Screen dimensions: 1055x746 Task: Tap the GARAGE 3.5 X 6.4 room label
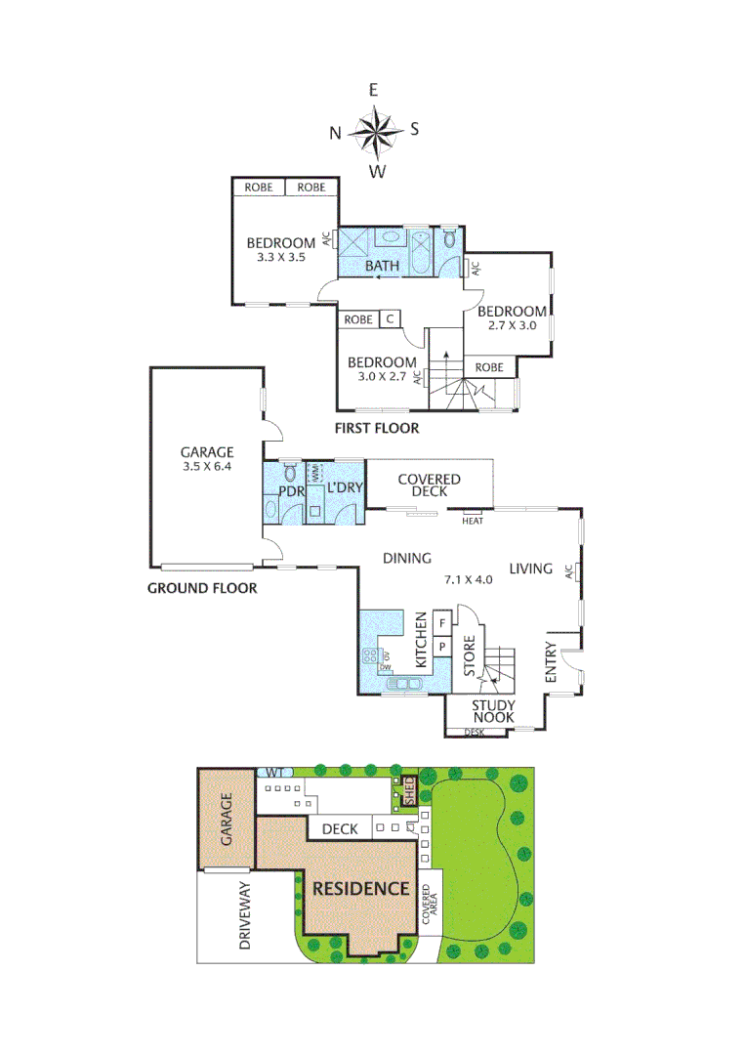(x=207, y=459)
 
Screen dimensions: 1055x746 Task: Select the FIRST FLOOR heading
(x=377, y=428)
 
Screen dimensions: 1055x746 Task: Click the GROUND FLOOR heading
(x=202, y=588)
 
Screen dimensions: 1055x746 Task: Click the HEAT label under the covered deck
(x=474, y=521)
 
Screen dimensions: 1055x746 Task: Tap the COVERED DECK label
(x=429, y=485)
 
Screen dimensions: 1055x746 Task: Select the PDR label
(x=292, y=490)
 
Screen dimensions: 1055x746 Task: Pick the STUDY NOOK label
(x=493, y=711)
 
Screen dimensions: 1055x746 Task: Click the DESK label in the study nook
(x=475, y=732)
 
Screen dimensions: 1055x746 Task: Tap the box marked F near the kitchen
(x=441, y=622)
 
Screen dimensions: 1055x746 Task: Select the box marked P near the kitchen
(x=441, y=646)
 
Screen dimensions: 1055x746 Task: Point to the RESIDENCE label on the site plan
(x=360, y=888)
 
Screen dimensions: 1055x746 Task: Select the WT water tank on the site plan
(x=269, y=772)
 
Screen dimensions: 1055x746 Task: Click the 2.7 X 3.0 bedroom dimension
(x=513, y=325)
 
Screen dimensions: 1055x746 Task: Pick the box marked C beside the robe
(x=390, y=318)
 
